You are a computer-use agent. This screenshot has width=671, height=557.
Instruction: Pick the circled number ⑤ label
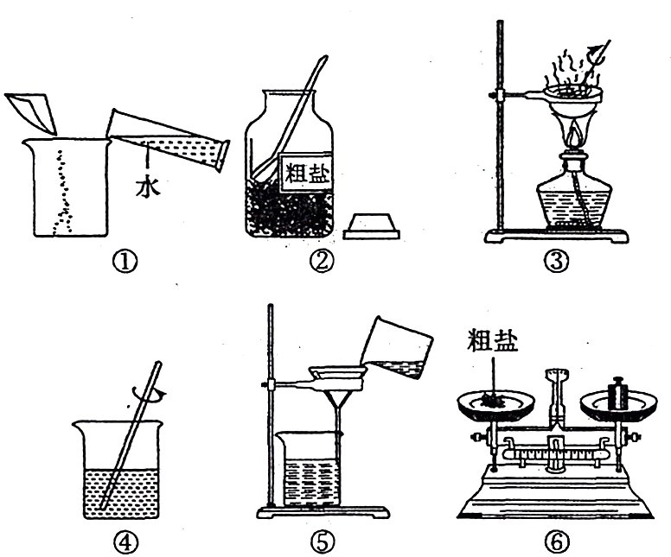pyautogui.click(x=326, y=541)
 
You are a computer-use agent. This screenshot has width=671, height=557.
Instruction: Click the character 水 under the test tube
pyautogui.click(x=147, y=187)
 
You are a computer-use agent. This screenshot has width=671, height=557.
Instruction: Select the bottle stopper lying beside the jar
pyautogui.click(x=372, y=225)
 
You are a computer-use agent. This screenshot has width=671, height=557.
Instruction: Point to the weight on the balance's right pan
pyautogui.click(x=617, y=394)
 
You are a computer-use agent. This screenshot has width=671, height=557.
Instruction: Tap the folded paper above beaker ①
pyautogui.click(x=33, y=110)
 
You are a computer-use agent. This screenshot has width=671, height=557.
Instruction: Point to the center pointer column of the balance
pyautogui.click(x=555, y=406)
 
